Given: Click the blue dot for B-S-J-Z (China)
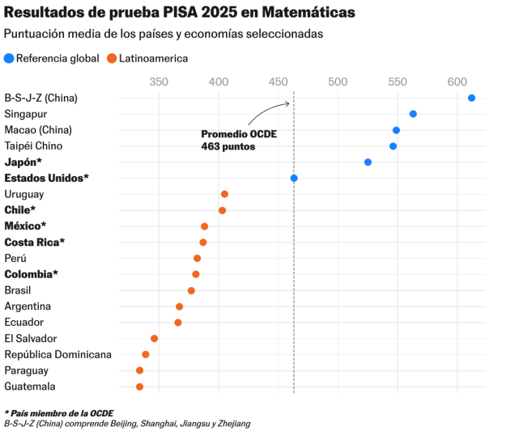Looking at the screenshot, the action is click(471, 98).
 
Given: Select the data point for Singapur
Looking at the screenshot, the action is click(413, 114).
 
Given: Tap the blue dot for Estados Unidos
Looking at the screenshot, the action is click(294, 178).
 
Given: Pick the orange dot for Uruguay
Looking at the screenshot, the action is click(224, 194).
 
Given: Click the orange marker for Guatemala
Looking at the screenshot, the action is click(139, 387).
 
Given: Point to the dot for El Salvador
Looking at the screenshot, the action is click(154, 339).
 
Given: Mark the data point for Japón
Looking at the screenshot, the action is click(368, 162).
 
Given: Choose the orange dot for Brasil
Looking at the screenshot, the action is click(191, 290).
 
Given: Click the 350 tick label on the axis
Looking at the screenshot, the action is click(159, 82).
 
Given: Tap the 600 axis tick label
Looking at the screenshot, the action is click(458, 82).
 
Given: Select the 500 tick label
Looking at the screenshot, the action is click(338, 82).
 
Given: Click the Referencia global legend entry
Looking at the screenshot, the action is click(52, 58).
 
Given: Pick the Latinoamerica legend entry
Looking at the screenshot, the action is click(147, 58).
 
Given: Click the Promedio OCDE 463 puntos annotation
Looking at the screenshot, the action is click(239, 140).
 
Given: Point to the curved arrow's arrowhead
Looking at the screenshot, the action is click(288, 104).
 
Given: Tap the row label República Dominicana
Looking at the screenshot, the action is click(57, 354).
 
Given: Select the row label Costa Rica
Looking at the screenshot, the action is click(35, 242).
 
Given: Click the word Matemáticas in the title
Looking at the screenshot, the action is click(309, 12).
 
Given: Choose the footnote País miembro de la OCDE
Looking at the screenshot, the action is click(59, 413).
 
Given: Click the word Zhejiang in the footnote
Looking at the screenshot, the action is click(234, 424).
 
